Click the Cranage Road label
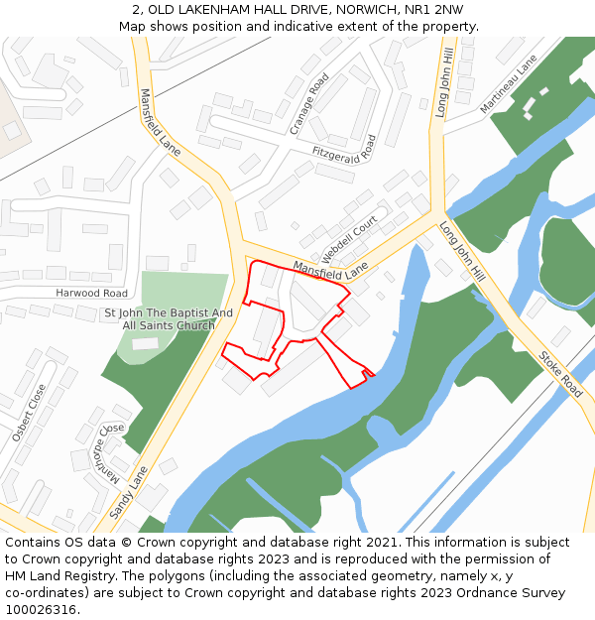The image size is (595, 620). click(308, 103)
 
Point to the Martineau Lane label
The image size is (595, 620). click(508, 84)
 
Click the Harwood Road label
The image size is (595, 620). click(91, 294)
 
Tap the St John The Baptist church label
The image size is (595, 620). click(169, 319)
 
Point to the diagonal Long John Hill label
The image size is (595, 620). click(462, 250)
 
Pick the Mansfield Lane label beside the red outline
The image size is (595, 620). click(329, 268)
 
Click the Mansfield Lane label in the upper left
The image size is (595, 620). click(160, 123)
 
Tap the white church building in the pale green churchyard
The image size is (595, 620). click(145, 343)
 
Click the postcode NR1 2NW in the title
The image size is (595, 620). click(435, 10)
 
